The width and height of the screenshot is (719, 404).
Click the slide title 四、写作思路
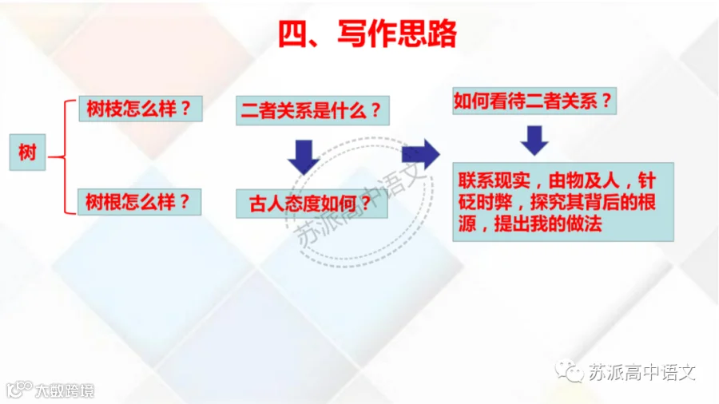[x=367, y=34]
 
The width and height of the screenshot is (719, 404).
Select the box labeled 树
[x=27, y=152]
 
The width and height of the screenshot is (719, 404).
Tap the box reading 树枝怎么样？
[x=141, y=109]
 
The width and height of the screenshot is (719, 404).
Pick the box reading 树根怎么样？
[x=139, y=202]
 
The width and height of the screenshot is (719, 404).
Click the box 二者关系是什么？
[x=312, y=110]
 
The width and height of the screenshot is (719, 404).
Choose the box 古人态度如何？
[x=312, y=204]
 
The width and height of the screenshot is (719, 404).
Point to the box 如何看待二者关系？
[x=534, y=101]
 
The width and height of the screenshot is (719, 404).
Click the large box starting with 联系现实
[x=563, y=201]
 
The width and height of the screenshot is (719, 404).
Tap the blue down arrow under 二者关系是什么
[x=304, y=156]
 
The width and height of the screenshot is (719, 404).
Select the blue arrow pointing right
[x=420, y=154]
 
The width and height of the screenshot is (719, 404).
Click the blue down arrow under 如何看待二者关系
[x=534, y=141]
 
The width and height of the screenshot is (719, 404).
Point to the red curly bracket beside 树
[x=65, y=157]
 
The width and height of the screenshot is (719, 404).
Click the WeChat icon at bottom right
[x=569, y=370]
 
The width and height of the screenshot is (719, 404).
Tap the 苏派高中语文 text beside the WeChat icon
[x=642, y=372]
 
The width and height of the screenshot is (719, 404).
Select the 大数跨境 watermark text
[x=65, y=390]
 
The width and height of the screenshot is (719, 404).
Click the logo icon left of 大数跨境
[x=19, y=390]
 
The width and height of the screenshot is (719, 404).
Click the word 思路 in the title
[x=427, y=34]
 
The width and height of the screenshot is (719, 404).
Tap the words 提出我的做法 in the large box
[x=548, y=224]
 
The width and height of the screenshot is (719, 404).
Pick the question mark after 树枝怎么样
[x=185, y=109]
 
